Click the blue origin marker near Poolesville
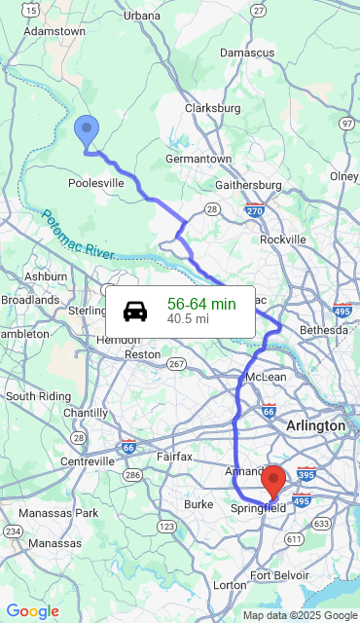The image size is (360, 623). coord(87,129)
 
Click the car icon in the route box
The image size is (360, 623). coord(135,311)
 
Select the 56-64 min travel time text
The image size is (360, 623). coord(201,304)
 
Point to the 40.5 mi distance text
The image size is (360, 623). coord(188,318)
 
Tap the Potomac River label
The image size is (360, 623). coord(79,234)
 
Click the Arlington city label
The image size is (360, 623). coord(315,426)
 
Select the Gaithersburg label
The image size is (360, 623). coord(248,185)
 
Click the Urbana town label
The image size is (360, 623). coord(141,16)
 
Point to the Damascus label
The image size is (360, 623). coord(247,53)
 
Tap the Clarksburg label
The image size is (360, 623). coord(212,108)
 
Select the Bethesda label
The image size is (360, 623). coord(323,330)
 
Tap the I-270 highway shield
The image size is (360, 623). coord(255,209)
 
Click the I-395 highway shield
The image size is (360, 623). coord(305,474)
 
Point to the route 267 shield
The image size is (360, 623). coord(176,363)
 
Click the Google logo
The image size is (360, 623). coord(32,611)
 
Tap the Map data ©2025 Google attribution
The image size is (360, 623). coord(300,615)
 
